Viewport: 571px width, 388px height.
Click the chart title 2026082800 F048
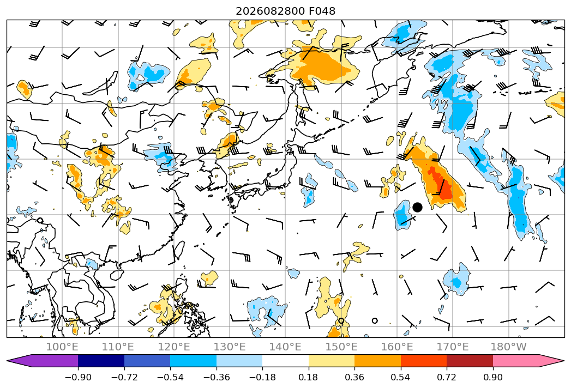286,11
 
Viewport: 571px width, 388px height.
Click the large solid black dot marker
417,208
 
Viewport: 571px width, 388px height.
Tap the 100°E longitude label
62,347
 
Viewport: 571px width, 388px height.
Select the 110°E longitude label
118,347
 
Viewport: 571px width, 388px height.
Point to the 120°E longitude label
174,347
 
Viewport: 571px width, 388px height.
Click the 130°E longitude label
230,347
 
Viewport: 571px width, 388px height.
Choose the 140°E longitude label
285,347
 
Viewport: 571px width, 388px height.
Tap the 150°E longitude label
341,347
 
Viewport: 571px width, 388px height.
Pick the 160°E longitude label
397,347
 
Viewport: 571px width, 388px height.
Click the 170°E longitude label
453,347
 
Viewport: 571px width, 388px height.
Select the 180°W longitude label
508,347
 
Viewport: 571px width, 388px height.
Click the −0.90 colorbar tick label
78,377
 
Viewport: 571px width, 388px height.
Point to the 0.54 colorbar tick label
401,377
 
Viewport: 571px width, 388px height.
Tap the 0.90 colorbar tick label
492,377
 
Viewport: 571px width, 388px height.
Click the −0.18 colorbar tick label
262,377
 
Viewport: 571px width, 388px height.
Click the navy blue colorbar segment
101,361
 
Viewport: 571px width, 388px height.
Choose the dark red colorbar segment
470,361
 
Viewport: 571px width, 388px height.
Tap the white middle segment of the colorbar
286,361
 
